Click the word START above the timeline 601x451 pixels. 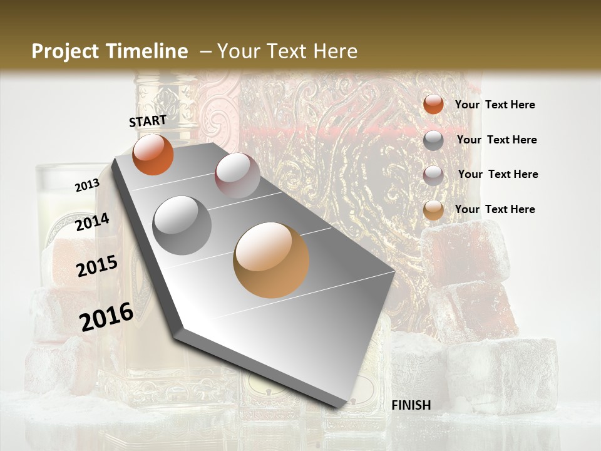(x=148, y=121)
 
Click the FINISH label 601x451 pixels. (x=411, y=405)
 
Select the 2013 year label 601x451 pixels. (x=87, y=185)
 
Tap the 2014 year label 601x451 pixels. (x=92, y=222)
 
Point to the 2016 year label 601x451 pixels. (x=106, y=317)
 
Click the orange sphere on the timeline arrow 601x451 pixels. (x=153, y=154)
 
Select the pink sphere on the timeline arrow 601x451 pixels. (x=237, y=175)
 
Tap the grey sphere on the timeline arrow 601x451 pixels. (x=182, y=225)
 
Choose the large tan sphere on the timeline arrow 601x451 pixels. (x=271, y=260)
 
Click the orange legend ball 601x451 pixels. (x=433, y=105)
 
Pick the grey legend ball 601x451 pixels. (x=433, y=140)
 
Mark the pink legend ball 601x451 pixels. (x=433, y=175)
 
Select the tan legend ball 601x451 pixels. (x=433, y=210)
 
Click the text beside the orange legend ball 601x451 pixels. (x=495, y=105)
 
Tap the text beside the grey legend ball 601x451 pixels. (x=496, y=140)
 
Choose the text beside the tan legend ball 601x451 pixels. (x=495, y=209)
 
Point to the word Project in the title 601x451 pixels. (x=64, y=51)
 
